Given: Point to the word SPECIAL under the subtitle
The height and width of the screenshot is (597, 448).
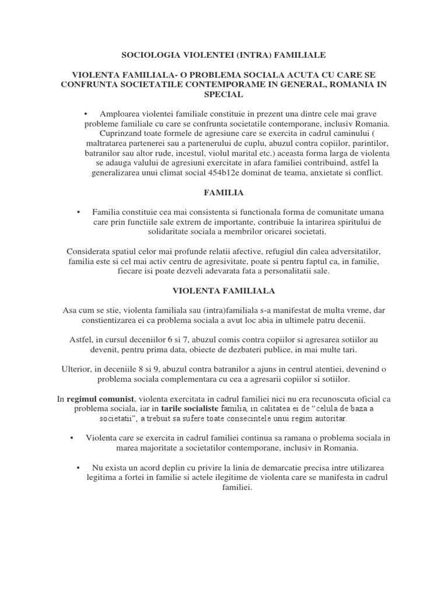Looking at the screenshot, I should [x=224, y=94].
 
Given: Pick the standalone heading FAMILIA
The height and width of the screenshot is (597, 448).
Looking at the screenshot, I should [x=224, y=192].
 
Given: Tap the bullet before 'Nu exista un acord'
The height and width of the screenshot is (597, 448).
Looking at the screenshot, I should [x=78, y=468].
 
